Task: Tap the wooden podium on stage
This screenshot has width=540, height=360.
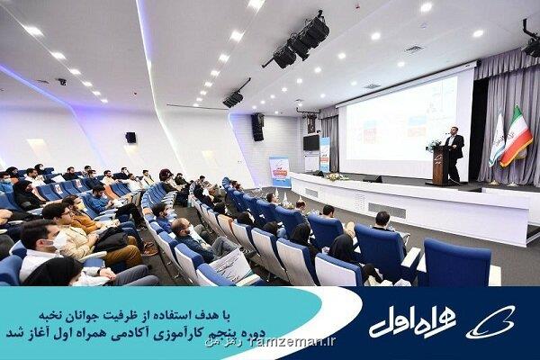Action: coord(442,166)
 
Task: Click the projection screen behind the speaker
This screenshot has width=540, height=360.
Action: coord(401,124)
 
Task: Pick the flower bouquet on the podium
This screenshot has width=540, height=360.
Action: coord(435,145)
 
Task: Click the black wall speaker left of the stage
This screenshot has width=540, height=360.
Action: coord(257,127)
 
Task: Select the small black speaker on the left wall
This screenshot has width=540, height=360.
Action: coord(130,138)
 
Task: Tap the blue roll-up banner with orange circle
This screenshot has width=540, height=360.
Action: coord(281,172)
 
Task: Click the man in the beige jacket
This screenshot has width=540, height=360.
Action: coord(67,233)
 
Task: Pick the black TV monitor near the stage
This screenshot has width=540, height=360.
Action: coord(310,143)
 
